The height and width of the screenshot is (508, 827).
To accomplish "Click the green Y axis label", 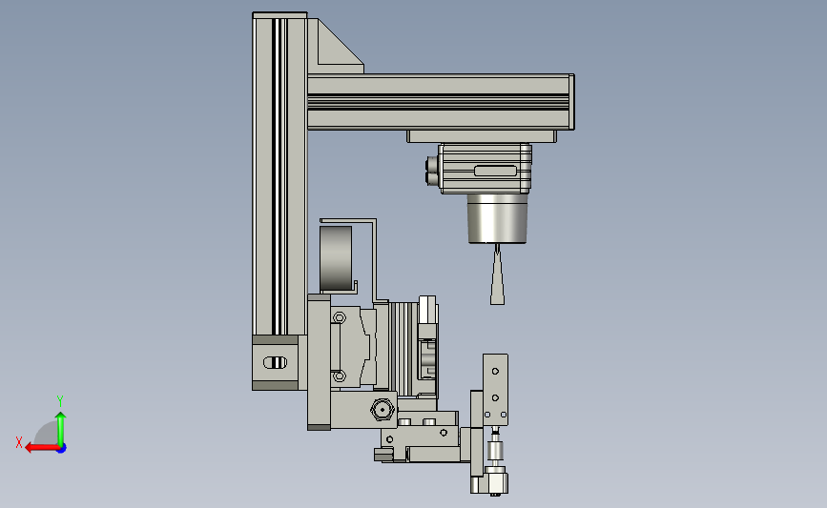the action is pyautogui.click(x=59, y=401).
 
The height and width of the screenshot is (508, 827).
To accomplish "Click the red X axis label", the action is pyautogui.click(x=19, y=442).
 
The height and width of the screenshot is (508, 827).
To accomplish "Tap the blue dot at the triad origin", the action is pyautogui.click(x=61, y=449).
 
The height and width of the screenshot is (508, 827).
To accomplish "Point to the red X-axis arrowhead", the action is pyautogui.click(x=31, y=448).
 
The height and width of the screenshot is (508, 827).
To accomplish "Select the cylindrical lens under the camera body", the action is pyautogui.click(x=497, y=218).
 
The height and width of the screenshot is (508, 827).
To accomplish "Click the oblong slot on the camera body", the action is pyautogui.click(x=495, y=171).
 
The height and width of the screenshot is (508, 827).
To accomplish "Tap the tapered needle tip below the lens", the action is pyautogui.click(x=497, y=275).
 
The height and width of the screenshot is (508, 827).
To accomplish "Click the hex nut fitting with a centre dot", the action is pyautogui.click(x=382, y=409).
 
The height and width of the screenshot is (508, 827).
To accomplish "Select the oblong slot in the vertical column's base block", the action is pyautogui.click(x=275, y=362).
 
